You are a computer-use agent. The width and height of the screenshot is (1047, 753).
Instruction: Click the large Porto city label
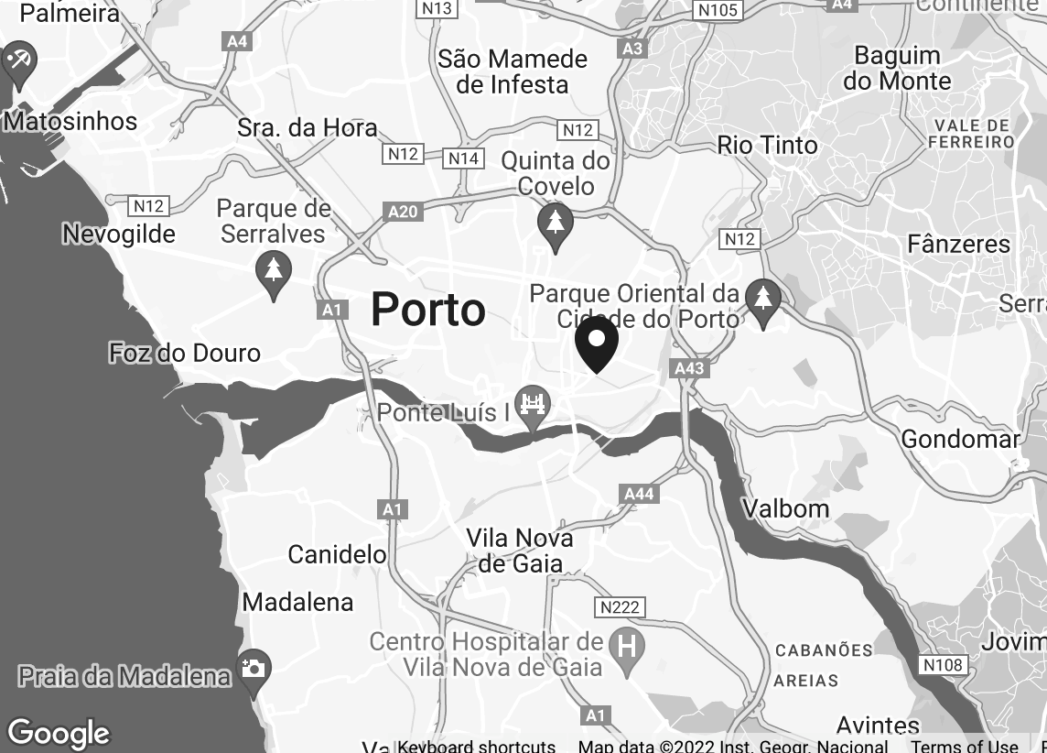pos(428,310)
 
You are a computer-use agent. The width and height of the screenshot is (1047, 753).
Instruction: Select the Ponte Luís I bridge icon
pos(532,404)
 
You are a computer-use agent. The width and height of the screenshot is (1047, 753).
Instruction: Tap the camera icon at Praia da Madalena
pos(253,668)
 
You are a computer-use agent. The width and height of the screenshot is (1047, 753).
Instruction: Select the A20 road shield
pos(404,213)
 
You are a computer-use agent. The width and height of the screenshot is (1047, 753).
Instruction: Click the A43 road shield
pos(689,368)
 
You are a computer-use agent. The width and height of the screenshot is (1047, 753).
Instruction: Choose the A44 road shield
pos(639,495)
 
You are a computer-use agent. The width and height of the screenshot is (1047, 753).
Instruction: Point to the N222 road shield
pos(621,607)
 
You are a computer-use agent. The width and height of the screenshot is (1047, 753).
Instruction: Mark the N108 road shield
pos(942,665)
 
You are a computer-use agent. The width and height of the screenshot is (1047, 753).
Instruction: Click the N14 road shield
pos(464,158)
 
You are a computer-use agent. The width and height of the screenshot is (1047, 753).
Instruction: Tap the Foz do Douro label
pos(184,353)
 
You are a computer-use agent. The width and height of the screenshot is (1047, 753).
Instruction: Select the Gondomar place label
pos(960,439)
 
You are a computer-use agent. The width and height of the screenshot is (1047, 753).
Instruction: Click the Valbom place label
pos(785,508)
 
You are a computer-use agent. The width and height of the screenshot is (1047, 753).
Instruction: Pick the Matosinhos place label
pos(70,121)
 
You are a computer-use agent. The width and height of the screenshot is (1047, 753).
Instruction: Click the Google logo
pos(59,734)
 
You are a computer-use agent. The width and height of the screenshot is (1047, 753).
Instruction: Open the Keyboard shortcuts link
pos(476,746)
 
